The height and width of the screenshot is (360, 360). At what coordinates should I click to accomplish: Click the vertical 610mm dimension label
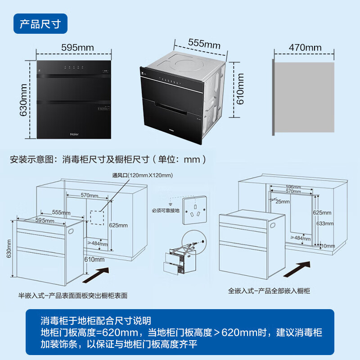point(240,89)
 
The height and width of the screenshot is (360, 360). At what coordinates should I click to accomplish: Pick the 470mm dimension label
point(305,47)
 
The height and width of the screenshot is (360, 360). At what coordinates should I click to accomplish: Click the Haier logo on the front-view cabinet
point(74,133)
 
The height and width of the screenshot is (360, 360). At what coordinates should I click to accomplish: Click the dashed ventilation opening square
point(97,217)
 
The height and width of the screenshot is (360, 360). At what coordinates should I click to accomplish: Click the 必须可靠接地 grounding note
point(165,210)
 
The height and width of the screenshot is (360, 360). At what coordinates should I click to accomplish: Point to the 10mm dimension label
point(328,246)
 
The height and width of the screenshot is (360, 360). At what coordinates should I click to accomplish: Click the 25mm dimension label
point(283,201)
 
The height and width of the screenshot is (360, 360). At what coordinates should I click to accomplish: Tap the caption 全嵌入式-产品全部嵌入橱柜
point(269,291)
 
